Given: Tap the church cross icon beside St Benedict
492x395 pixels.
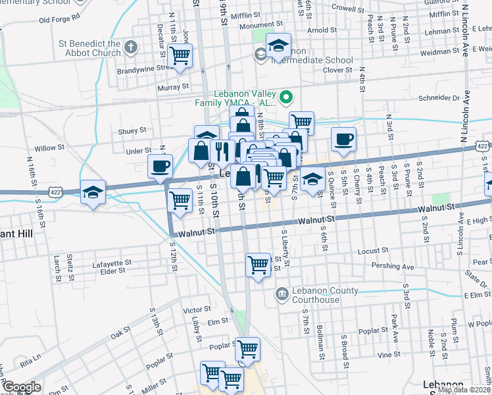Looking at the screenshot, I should pos(131,47).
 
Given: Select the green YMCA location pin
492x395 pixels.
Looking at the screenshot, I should pos(286,99).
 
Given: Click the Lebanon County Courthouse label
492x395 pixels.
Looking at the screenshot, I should pos(317,295).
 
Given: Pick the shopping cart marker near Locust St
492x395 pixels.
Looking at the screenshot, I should pos(258,265).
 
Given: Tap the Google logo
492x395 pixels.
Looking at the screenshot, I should pos(22,388).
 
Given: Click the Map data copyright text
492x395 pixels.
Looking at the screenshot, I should pos(464,390).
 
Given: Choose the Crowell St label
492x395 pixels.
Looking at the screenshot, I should pos(348,10).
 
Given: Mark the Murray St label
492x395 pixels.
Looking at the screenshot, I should pos(172,86).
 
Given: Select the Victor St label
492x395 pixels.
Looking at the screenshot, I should pos(197,309).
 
